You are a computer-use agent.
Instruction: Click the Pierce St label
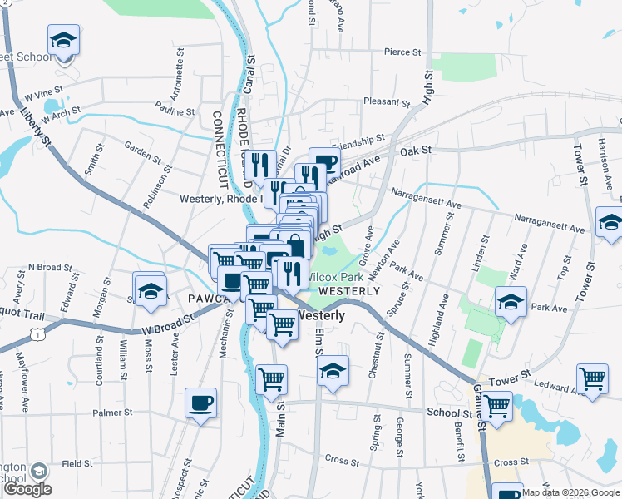[402, 52]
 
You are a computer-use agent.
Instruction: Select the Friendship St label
[358, 141]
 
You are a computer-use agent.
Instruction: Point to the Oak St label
[416, 151]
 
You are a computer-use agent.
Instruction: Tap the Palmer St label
[112, 413]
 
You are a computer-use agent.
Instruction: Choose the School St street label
[450, 413]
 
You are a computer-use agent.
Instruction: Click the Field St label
[77, 463]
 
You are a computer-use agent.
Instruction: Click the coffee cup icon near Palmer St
[200, 403]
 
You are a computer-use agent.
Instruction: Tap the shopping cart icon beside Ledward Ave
[592, 378]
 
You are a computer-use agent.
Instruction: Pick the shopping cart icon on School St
[496, 407]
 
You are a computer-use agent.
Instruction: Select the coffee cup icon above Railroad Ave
[324, 161]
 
